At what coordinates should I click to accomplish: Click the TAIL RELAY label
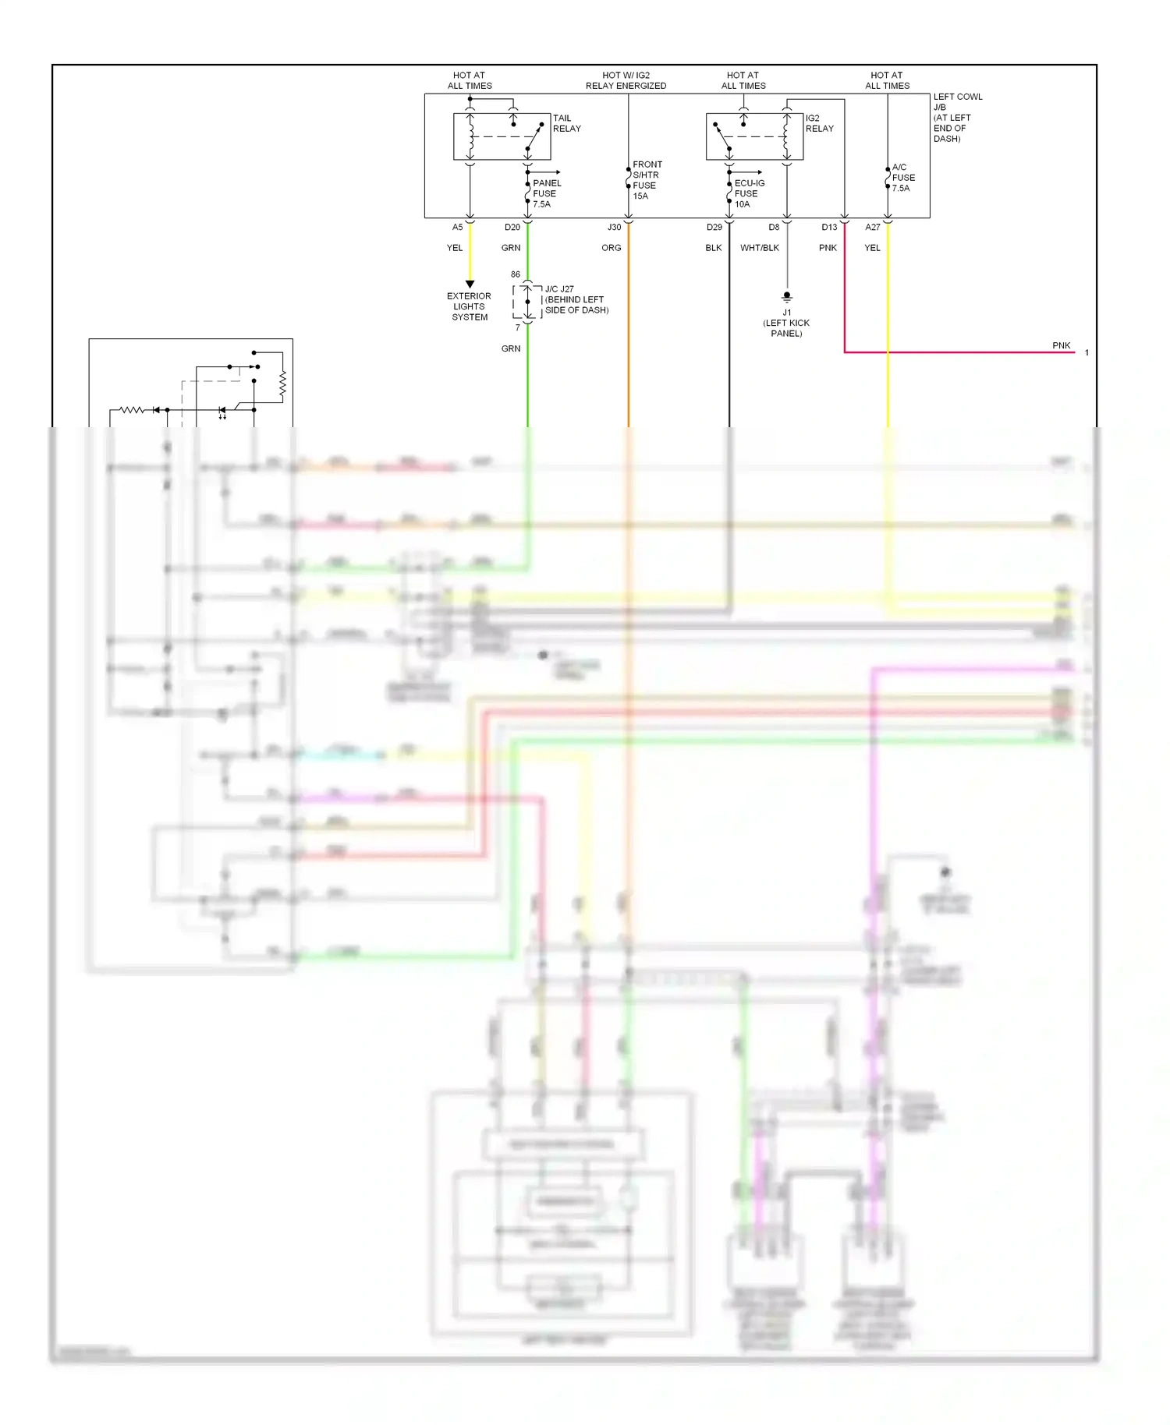point(566,123)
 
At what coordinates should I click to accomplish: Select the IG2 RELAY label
point(819,123)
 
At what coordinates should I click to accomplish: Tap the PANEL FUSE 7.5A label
point(546,193)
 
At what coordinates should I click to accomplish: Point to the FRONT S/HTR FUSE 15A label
point(647,180)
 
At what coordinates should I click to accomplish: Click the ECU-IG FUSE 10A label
point(749,193)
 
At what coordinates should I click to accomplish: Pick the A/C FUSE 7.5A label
point(902,178)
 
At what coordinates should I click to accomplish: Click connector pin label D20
point(512,228)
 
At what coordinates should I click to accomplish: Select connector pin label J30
point(614,228)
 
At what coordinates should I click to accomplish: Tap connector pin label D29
point(714,228)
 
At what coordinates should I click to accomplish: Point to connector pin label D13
point(828,228)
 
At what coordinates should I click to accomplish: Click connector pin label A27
point(872,228)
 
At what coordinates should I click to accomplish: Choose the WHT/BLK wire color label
point(759,248)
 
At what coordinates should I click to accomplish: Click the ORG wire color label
point(611,248)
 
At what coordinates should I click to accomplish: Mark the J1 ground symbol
point(787,297)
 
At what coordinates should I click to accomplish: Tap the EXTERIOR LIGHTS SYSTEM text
point(469,306)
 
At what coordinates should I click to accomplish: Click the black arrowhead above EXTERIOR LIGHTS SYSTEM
point(470,284)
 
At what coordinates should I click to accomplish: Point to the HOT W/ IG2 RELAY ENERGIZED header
point(626,80)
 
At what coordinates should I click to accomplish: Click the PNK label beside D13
point(828,248)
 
